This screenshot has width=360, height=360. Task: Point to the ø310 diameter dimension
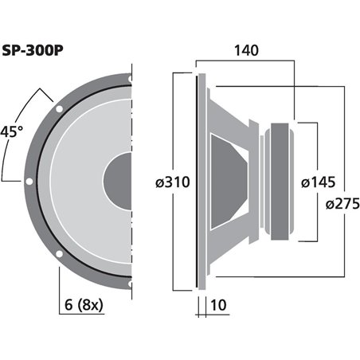point(172,182)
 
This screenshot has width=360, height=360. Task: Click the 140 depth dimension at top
point(246,49)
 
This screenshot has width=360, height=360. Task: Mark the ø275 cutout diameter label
point(341,204)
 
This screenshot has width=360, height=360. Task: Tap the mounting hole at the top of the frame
point(129,79)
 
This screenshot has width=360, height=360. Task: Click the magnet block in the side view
point(283,182)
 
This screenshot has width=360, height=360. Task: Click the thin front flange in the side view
point(197,182)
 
